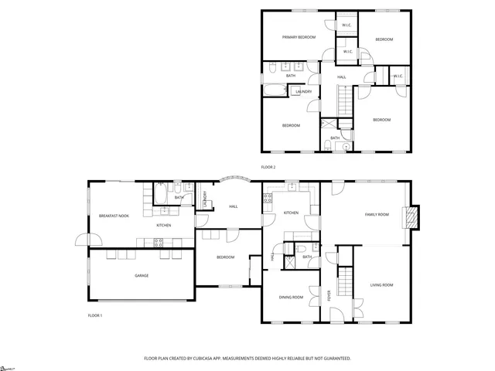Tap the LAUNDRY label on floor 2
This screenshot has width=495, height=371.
point(304,92)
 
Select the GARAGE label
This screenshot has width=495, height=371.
point(142,275)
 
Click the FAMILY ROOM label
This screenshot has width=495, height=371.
point(377,214)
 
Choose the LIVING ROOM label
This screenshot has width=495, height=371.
point(381,285)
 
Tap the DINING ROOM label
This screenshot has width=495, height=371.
point(291,297)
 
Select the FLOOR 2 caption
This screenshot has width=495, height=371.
point(268,167)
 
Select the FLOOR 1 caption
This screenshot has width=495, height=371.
point(94,315)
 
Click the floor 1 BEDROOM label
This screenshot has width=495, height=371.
point(225,257)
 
